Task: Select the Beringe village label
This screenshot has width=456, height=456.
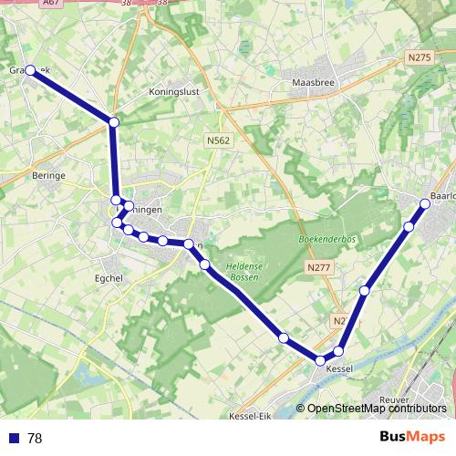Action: (48, 174)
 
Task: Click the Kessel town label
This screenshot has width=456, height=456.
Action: (339, 368)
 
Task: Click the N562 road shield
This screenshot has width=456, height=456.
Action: (217, 140)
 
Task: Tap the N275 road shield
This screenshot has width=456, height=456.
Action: (419, 57)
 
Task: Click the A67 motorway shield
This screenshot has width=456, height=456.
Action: (53, 4)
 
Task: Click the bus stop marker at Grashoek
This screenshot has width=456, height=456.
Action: (30, 69)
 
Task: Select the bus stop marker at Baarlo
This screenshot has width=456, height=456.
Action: (426, 201)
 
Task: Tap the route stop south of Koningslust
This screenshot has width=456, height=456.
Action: (114, 121)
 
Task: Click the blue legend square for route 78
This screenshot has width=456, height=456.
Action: (14, 438)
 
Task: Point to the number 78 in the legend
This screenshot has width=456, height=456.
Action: (35, 438)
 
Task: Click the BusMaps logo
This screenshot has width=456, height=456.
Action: (412, 437)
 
